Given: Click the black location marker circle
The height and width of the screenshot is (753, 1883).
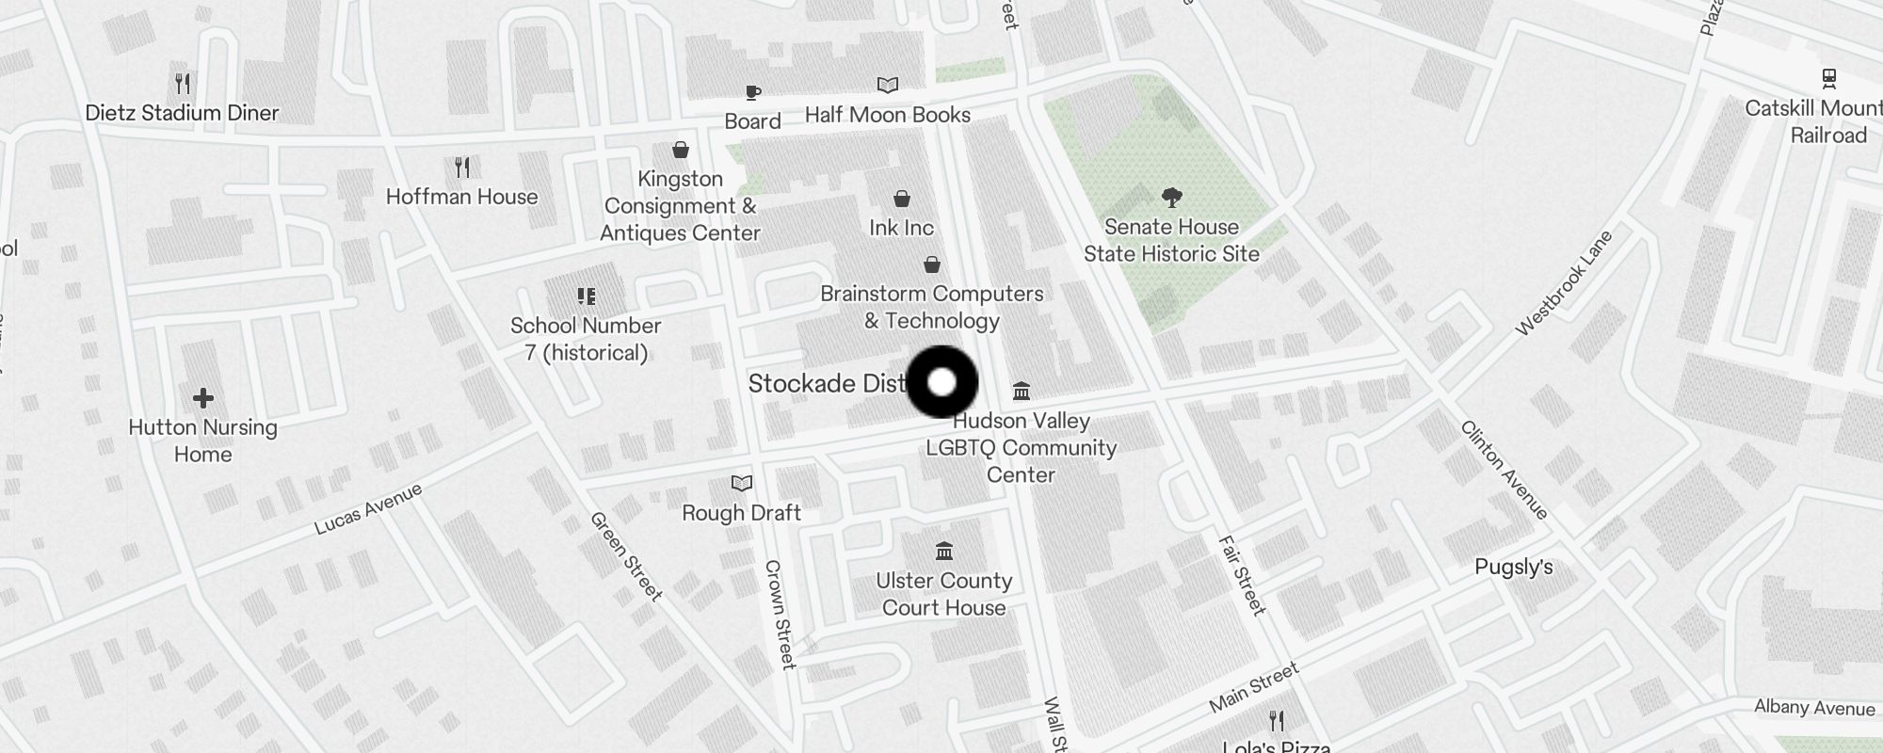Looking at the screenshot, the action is (941, 382).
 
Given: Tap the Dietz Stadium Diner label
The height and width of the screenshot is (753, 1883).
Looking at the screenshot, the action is (182, 113).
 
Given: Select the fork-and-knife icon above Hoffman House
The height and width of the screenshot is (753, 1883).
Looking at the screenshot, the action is (461, 168).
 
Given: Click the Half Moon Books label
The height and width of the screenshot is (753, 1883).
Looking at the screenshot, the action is (887, 115).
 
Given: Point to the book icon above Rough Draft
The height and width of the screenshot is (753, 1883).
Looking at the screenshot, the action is (742, 484).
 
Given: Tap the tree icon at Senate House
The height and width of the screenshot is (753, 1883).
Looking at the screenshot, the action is (1171, 198).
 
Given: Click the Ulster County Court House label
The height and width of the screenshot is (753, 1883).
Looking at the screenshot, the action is (943, 594).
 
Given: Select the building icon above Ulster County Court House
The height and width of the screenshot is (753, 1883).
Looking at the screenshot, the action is (943, 551).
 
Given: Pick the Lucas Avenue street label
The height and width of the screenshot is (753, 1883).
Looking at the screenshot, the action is (368, 509).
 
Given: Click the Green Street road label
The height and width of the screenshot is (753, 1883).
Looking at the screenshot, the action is (626, 555).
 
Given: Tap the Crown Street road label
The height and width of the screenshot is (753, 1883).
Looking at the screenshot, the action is (781, 614).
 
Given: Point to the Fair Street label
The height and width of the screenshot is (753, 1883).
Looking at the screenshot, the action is (1242, 575).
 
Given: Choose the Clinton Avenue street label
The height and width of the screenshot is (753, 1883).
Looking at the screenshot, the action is (1504, 470).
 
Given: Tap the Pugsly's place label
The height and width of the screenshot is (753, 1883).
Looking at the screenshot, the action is (1513, 568).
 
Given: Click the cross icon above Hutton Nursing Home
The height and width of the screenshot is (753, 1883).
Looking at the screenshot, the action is (202, 399).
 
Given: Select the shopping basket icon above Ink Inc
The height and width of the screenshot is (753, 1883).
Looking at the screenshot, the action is (901, 199).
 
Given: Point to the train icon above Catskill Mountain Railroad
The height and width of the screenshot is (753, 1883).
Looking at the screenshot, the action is (1828, 78).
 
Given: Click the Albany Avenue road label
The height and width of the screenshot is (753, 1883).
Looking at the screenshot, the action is (1813, 708).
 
